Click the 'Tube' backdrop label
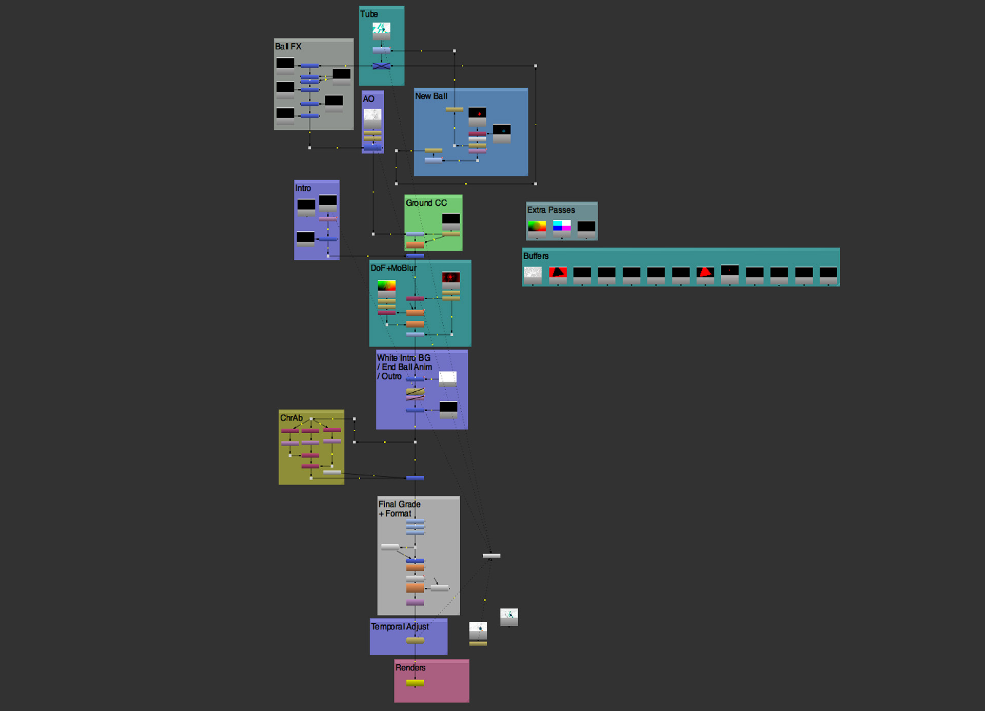(x=369, y=14)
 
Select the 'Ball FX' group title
(x=288, y=47)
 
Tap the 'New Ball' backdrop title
(x=431, y=97)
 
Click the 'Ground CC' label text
(x=426, y=203)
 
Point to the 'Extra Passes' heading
(x=551, y=210)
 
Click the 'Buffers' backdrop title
(x=536, y=256)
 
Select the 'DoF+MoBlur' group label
(x=393, y=268)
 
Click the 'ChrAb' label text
(x=291, y=418)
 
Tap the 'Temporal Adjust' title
(x=400, y=627)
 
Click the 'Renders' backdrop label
(x=410, y=668)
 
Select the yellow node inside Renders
(x=415, y=683)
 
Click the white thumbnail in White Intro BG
(x=447, y=378)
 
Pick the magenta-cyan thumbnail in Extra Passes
(x=562, y=226)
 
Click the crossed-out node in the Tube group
(x=381, y=66)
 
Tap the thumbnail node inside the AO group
(x=372, y=116)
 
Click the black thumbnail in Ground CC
(x=451, y=220)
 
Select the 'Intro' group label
(x=303, y=188)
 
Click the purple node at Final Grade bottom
(x=415, y=602)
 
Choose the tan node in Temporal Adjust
(x=415, y=640)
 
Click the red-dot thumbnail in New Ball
(x=477, y=113)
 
